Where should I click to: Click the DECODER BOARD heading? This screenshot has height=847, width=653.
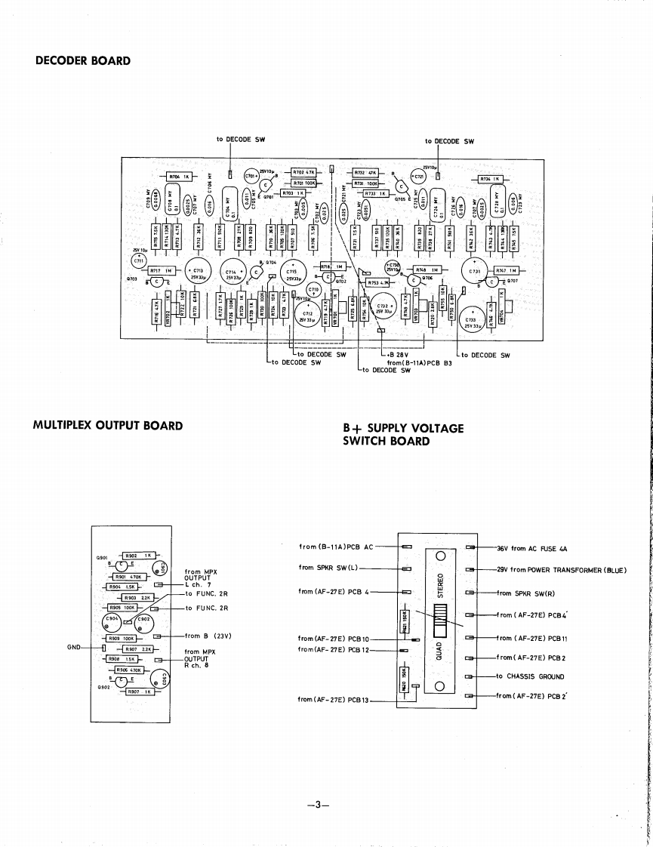83,61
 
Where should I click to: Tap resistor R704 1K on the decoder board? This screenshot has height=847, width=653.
180,177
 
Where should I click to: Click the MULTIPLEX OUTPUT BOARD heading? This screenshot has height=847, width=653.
108,426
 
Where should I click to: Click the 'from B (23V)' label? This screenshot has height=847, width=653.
207,636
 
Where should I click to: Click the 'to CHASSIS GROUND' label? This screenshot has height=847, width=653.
530,676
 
